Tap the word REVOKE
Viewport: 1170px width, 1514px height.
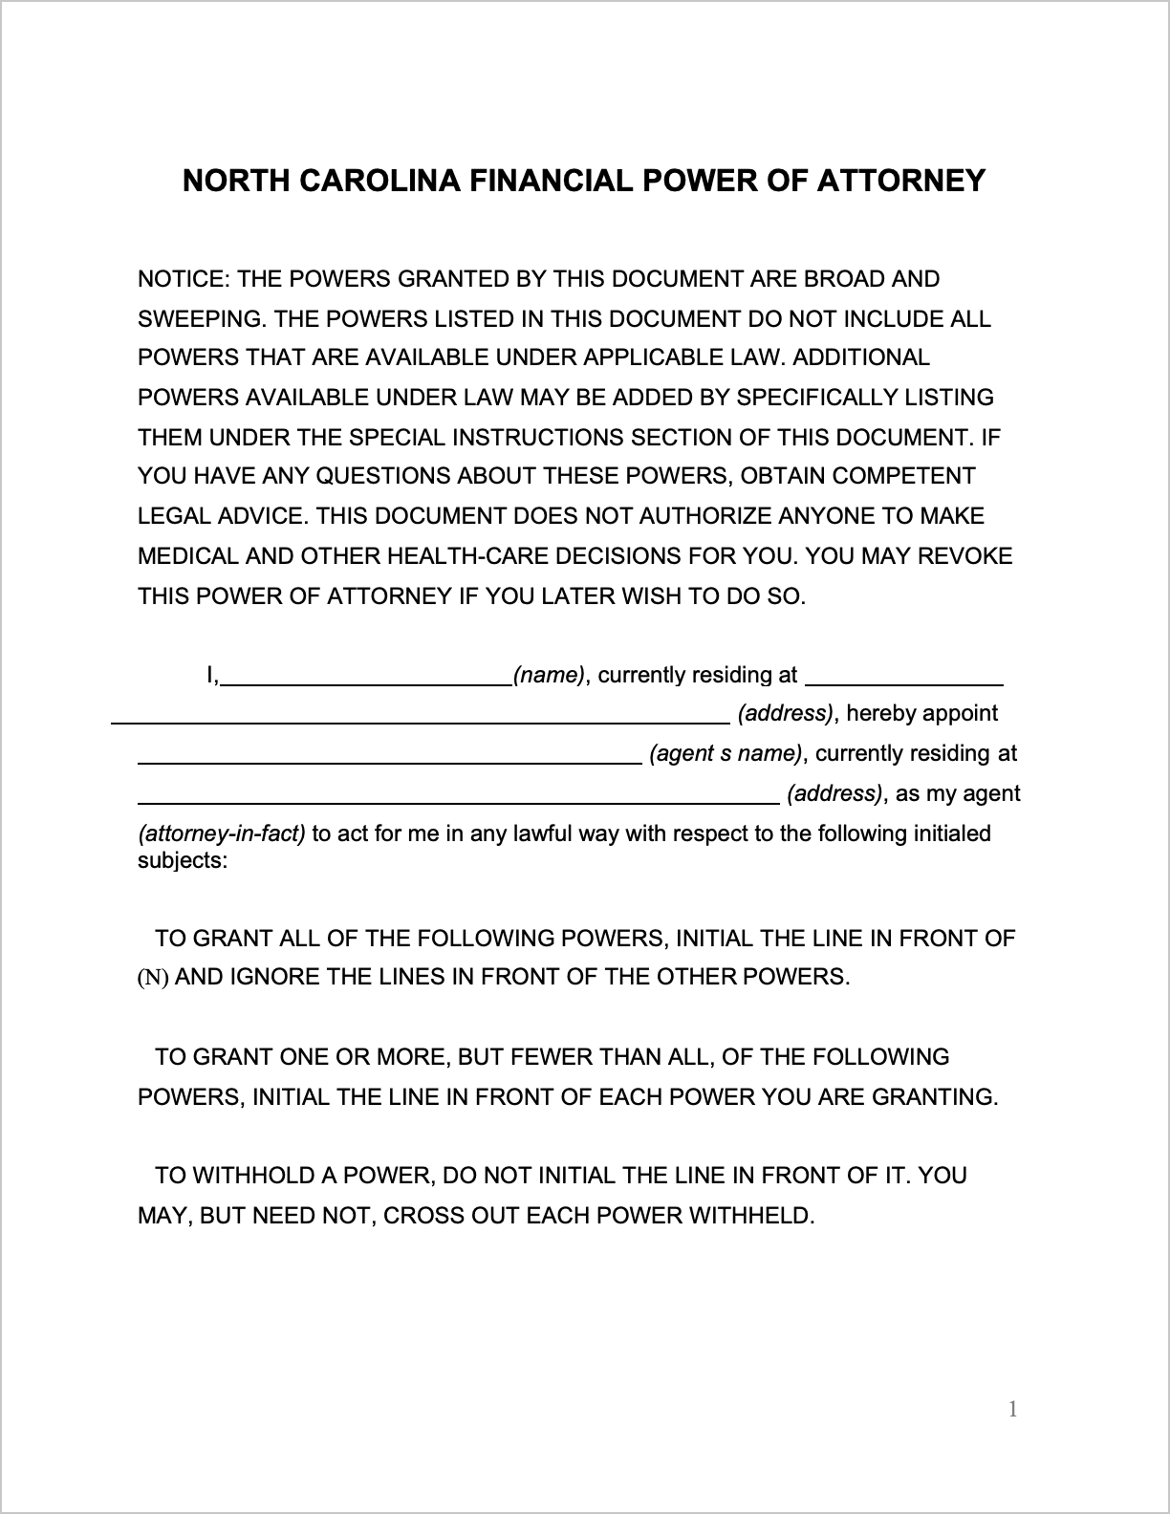coord(965,556)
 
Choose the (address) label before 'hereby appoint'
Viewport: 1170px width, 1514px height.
coord(785,714)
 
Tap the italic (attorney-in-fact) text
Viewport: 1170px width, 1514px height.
coord(222,833)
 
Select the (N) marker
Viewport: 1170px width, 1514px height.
coord(153,978)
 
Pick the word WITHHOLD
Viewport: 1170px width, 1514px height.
coord(253,1176)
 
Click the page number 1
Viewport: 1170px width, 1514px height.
coord(1013,1409)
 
